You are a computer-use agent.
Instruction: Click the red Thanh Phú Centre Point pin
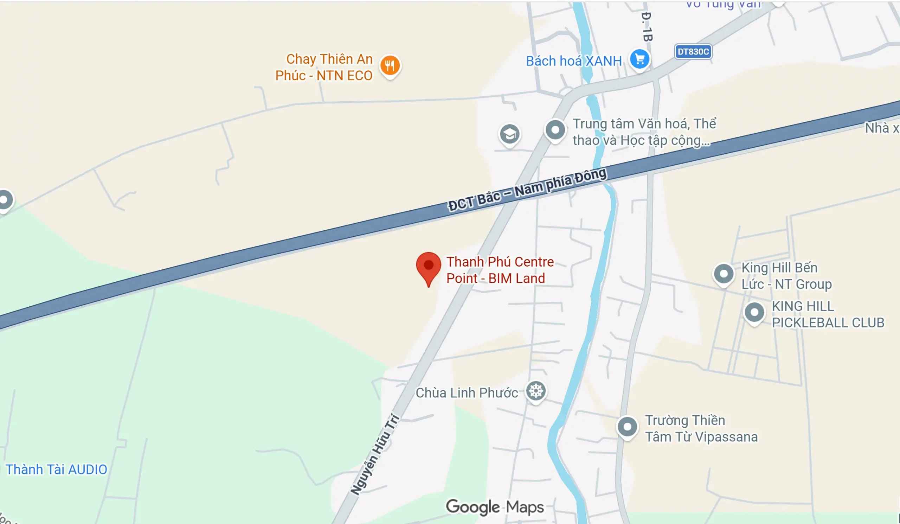[428, 267]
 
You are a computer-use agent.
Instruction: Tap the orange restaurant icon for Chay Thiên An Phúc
[390, 66]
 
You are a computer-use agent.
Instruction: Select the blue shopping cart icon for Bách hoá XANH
[639, 59]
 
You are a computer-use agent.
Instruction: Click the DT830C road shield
[693, 52]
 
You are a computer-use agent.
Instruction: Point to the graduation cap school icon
[509, 134]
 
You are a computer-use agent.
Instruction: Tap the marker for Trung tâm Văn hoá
[555, 130]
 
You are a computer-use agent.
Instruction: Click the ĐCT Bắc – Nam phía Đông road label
[527, 189]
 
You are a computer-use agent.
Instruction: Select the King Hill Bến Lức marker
[724, 274]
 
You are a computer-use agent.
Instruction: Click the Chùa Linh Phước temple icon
[536, 391]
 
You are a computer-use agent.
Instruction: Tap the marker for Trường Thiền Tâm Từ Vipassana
[627, 427]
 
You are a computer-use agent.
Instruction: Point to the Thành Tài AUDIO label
[57, 470]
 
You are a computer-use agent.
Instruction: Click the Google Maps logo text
[495, 507]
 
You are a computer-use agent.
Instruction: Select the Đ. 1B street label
[647, 27]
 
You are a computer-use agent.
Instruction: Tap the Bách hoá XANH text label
[573, 61]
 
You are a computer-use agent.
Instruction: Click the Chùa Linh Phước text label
[467, 393]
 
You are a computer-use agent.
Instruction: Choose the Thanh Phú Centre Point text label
[500, 270]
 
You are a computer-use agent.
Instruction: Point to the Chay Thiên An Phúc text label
[324, 67]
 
